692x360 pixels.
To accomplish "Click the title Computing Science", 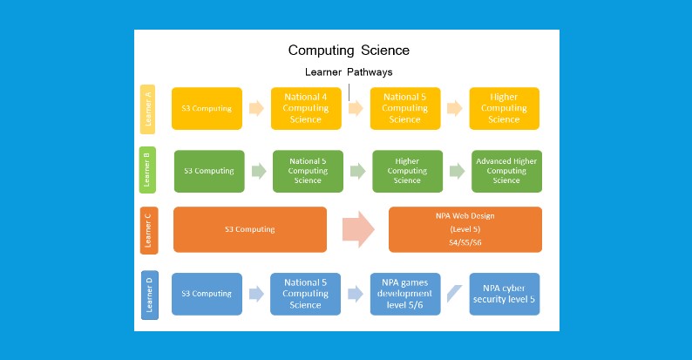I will pyautogui.click(x=349, y=51).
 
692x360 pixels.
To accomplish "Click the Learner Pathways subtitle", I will pyautogui.click(x=349, y=72).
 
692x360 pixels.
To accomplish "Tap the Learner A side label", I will pyautogui.click(x=148, y=109).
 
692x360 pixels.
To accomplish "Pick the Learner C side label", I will pyautogui.click(x=148, y=230).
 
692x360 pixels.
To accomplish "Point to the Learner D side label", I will pyautogui.click(x=149, y=295).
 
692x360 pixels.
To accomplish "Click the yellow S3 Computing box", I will pyautogui.click(x=207, y=109).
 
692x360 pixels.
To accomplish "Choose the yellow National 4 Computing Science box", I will pyautogui.click(x=306, y=109).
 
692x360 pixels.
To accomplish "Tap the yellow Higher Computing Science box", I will pyautogui.click(x=504, y=109).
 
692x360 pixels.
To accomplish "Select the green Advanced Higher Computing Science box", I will pyautogui.click(x=506, y=171).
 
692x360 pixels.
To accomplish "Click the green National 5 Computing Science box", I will pyautogui.click(x=308, y=171).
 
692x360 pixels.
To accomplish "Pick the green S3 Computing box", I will pyautogui.click(x=209, y=171).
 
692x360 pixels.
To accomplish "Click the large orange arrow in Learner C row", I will pyautogui.click(x=357, y=229).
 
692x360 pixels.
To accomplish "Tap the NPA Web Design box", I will pyautogui.click(x=465, y=230).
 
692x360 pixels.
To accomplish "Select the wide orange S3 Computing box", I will pyautogui.click(x=250, y=229).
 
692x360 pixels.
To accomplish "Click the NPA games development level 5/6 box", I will pyautogui.click(x=405, y=294).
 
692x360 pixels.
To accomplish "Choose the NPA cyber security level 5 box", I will pyautogui.click(x=504, y=294).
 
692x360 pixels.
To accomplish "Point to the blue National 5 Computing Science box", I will pyautogui.click(x=305, y=294).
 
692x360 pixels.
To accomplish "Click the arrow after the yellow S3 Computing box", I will pyautogui.click(x=256, y=109).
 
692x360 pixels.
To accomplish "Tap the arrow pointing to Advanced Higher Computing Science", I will pyautogui.click(x=457, y=171).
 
